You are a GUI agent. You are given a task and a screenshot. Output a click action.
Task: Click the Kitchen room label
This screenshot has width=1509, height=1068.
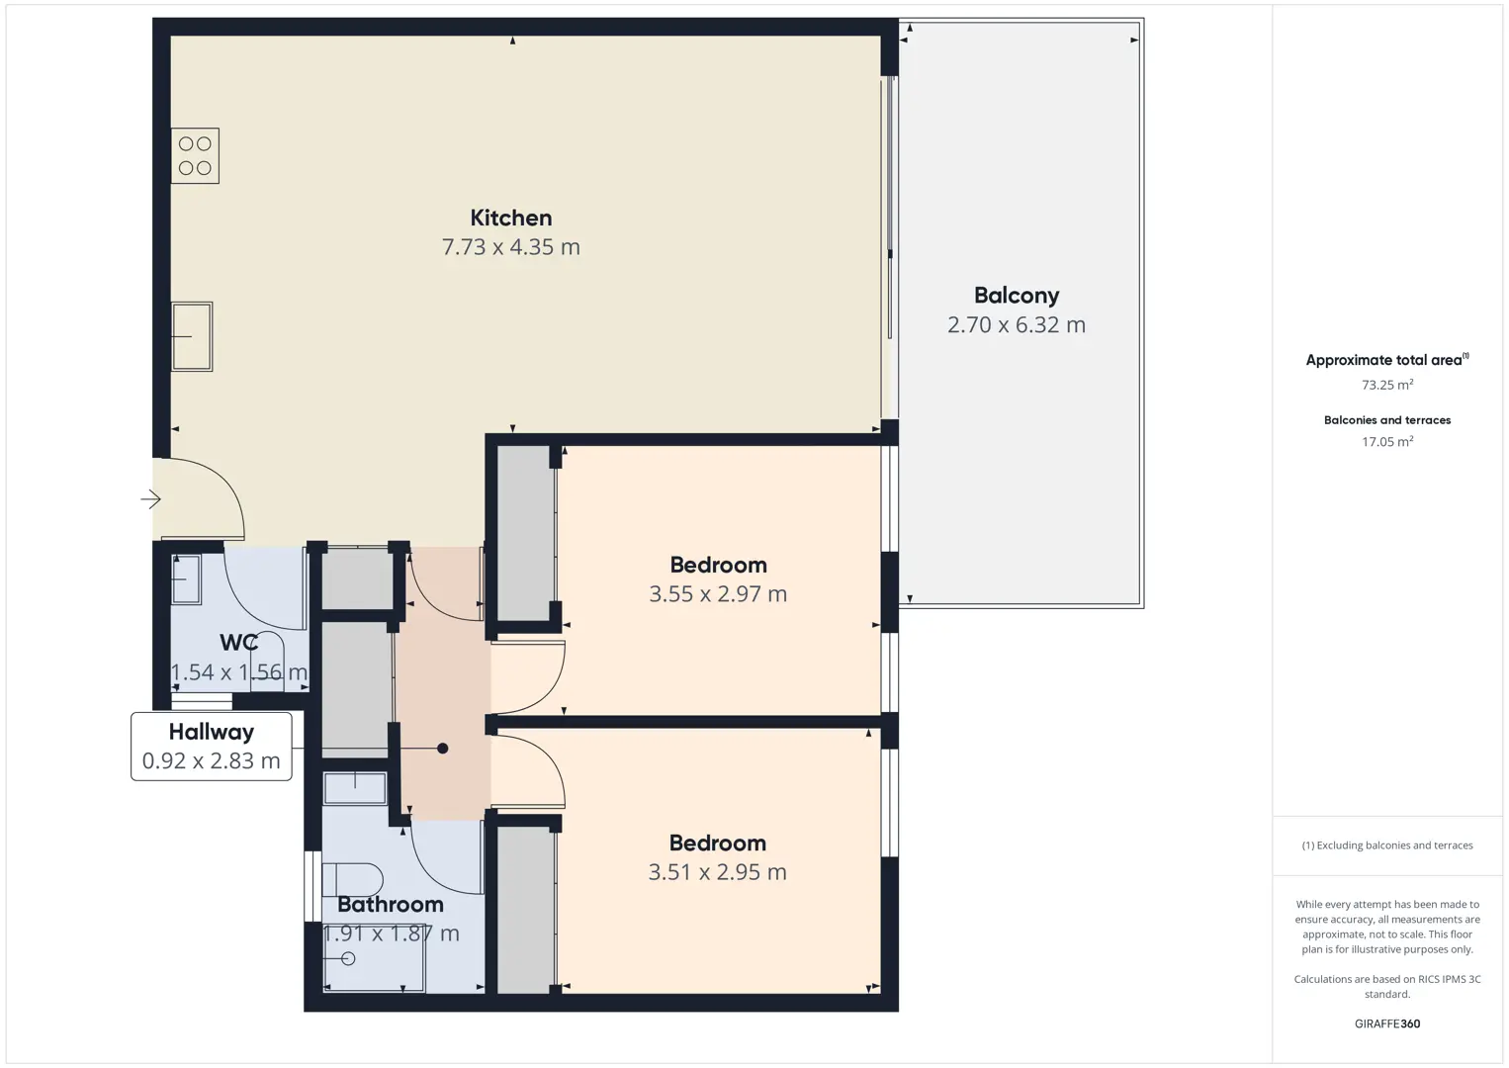tap(510, 218)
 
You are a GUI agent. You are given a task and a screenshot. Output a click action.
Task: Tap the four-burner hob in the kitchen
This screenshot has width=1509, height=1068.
tap(195, 155)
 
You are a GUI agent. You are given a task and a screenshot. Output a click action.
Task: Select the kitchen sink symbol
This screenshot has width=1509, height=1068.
tap(192, 336)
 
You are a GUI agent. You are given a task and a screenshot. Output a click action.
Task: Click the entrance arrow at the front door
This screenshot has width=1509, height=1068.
tap(151, 499)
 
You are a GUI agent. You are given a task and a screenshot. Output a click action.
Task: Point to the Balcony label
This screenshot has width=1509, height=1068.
tap(1016, 296)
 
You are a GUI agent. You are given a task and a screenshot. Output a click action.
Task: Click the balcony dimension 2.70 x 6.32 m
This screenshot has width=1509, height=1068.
tap(1016, 324)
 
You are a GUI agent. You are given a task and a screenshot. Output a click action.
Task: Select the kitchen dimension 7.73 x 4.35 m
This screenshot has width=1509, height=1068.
tap(510, 247)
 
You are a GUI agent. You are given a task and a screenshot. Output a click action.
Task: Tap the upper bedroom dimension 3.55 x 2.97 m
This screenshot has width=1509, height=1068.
tap(718, 593)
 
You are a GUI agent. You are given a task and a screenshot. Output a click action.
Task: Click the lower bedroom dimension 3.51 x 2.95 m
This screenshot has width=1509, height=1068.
tap(717, 872)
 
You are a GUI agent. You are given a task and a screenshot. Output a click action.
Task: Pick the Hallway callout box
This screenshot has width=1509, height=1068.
tap(212, 747)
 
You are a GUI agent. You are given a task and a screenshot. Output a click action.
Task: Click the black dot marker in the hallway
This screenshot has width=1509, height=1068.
tap(443, 748)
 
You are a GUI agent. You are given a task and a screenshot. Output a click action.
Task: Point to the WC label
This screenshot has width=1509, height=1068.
tap(238, 642)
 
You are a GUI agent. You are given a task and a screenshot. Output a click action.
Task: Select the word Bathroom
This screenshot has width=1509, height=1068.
tap(390, 904)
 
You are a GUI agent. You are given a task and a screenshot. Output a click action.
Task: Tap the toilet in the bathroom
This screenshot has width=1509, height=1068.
tap(352, 879)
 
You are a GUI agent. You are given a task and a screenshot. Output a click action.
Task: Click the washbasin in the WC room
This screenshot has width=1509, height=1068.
tap(186, 579)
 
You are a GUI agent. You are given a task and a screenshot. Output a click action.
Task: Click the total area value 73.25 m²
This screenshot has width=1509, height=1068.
tap(1387, 385)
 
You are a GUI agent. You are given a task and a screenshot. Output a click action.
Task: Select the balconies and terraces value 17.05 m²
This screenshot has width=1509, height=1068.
tap(1387, 441)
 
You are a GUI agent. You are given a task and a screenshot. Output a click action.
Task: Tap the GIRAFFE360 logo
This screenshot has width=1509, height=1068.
tap(1387, 1023)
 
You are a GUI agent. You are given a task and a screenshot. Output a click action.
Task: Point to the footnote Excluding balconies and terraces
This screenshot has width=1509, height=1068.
tap(1387, 845)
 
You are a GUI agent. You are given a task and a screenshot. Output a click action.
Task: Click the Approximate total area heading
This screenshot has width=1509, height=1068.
tap(1387, 360)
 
